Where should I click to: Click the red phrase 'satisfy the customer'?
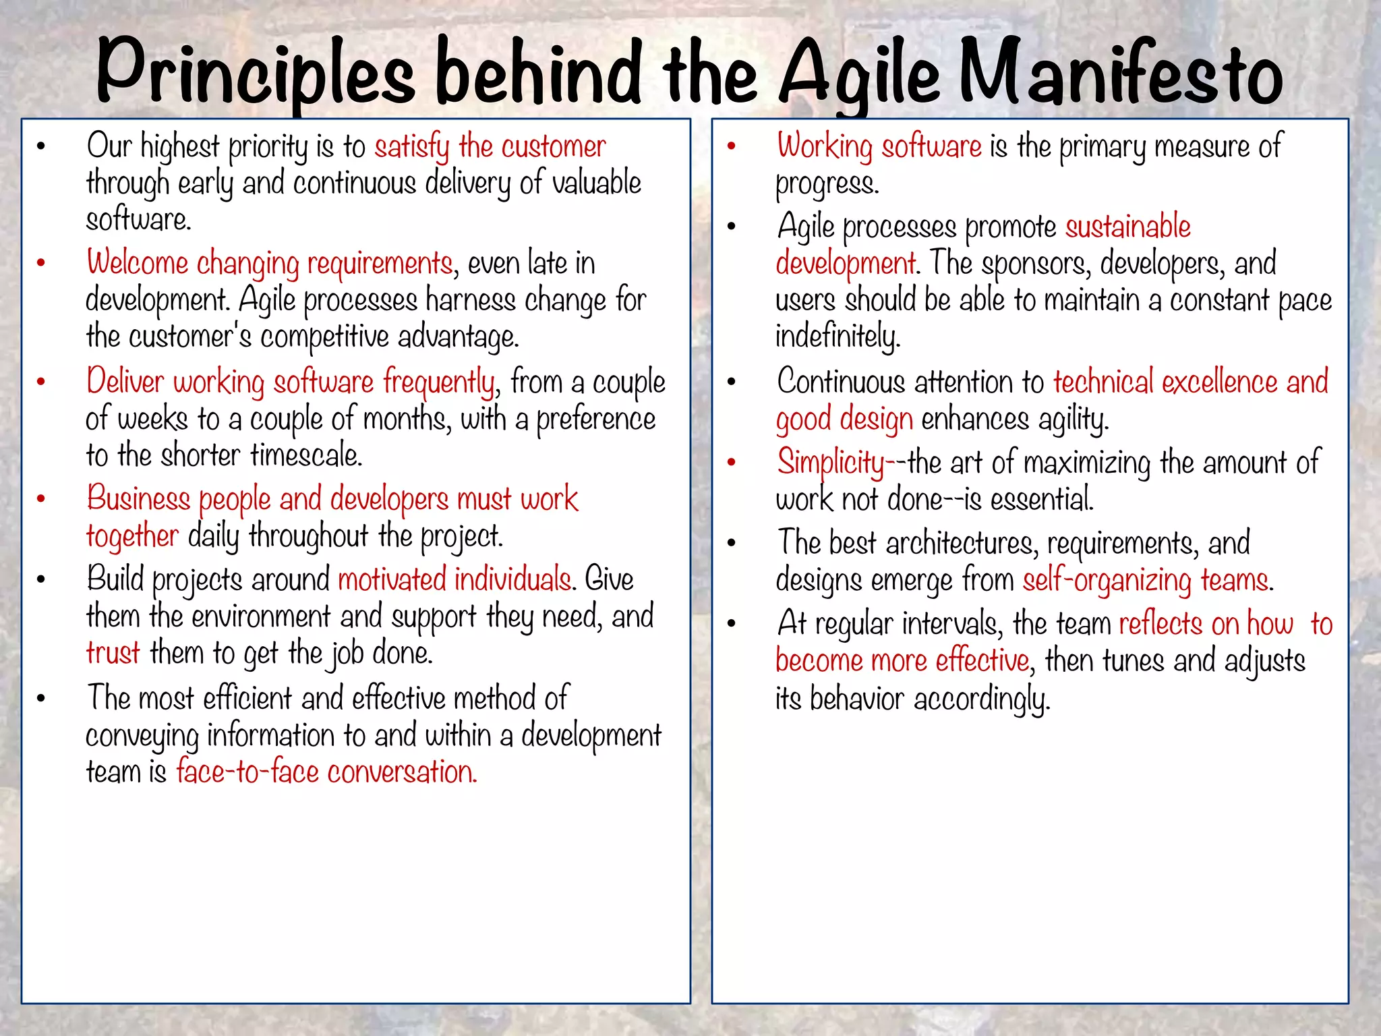(x=490, y=147)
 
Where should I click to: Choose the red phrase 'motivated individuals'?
(x=454, y=580)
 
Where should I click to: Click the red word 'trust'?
(x=113, y=653)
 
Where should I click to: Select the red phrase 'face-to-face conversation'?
(x=326, y=772)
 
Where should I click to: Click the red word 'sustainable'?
(x=1127, y=227)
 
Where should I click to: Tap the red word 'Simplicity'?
(x=830, y=463)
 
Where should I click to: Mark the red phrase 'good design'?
(x=844, y=420)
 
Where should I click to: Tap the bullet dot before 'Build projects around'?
(x=41, y=580)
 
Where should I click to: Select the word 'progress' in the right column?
(x=827, y=183)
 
